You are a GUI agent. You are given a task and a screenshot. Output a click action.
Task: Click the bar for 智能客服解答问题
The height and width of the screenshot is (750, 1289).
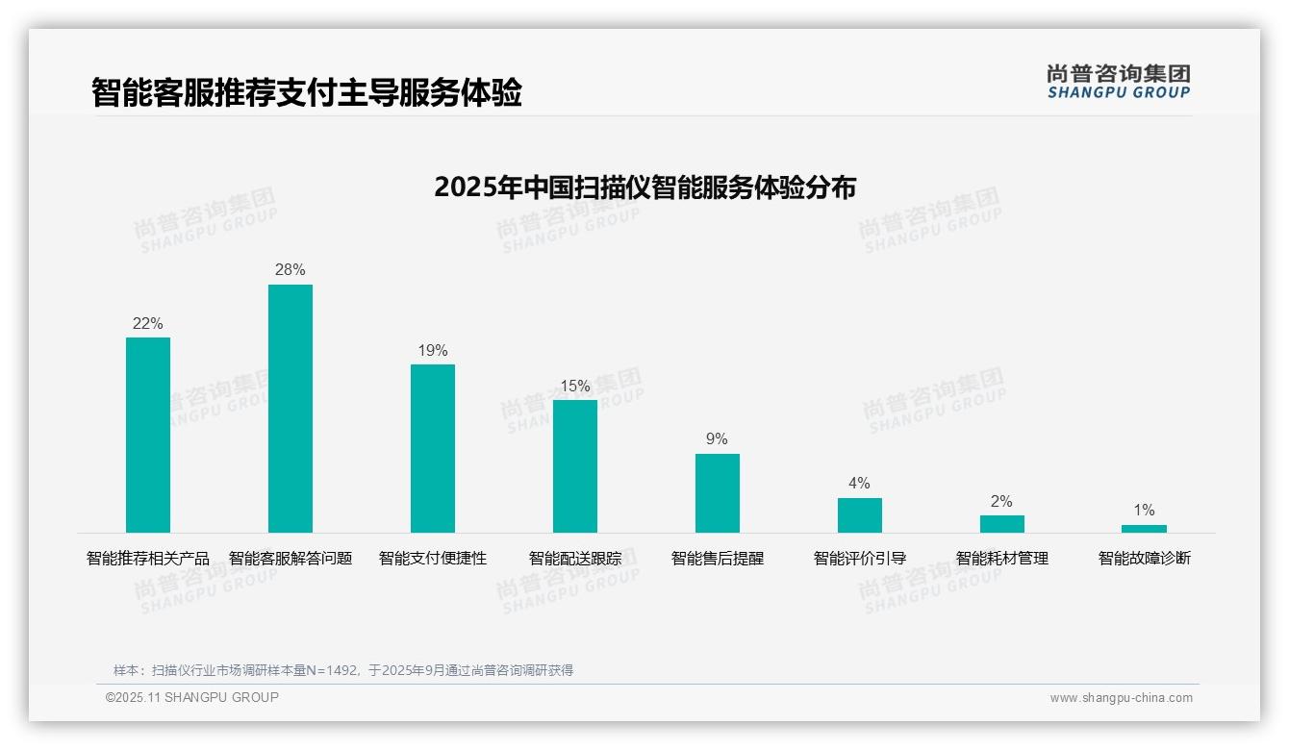coord(291,409)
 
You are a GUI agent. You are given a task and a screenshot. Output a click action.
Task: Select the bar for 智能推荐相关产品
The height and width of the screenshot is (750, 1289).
coord(148,435)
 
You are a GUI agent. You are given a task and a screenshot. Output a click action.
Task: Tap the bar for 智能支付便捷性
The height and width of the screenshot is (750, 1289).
coord(433,448)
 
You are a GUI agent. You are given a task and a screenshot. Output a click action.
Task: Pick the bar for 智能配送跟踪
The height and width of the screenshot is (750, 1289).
coord(575,466)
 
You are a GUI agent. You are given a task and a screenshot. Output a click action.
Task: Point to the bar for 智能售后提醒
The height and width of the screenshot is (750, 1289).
coord(718,493)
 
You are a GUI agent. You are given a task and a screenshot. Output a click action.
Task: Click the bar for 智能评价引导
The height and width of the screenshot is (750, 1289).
coord(860,515)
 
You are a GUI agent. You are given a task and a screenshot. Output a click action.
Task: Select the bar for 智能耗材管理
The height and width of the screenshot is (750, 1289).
coord(1002,524)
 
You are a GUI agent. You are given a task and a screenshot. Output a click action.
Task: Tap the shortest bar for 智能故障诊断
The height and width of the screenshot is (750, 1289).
coord(1144,529)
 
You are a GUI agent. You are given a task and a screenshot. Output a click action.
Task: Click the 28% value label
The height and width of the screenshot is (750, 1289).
coord(291,270)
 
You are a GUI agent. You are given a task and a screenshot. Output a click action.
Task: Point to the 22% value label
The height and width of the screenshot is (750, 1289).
coord(148,324)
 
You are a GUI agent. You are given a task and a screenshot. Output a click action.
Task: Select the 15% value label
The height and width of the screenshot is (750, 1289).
coord(575,387)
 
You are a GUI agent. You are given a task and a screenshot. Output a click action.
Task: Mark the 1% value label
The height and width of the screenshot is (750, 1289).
coord(1144,511)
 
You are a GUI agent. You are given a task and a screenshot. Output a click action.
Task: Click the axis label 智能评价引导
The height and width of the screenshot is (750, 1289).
coord(860,559)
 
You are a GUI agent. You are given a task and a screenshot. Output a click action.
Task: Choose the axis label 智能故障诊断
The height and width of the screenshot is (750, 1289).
coord(1145,559)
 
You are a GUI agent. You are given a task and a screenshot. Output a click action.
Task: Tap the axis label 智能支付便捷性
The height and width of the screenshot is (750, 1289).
coord(433,559)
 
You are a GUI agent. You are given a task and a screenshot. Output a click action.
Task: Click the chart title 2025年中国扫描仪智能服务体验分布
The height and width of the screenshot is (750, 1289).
coord(644,187)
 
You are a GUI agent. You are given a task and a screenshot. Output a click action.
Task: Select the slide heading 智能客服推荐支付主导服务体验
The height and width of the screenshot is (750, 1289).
coord(307,93)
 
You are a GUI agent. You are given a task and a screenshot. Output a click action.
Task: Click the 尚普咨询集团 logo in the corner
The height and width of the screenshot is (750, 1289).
coord(1118,82)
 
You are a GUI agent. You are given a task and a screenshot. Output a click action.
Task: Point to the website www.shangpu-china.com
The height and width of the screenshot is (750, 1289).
coord(1121,698)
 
